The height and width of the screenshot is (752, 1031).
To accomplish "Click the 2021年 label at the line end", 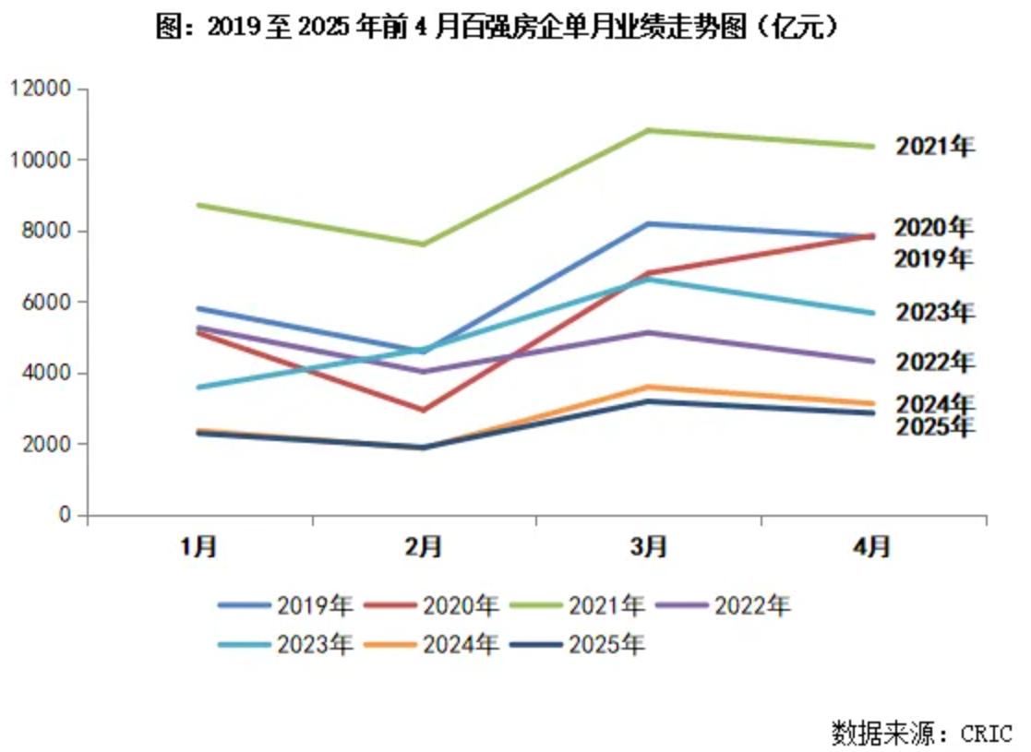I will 934,147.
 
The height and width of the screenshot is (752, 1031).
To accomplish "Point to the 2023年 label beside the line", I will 934,313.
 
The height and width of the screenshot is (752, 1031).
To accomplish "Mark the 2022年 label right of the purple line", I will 934,361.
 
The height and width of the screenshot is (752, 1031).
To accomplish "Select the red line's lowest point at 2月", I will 424,410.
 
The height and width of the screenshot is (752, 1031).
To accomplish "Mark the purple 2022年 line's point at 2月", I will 424,372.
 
